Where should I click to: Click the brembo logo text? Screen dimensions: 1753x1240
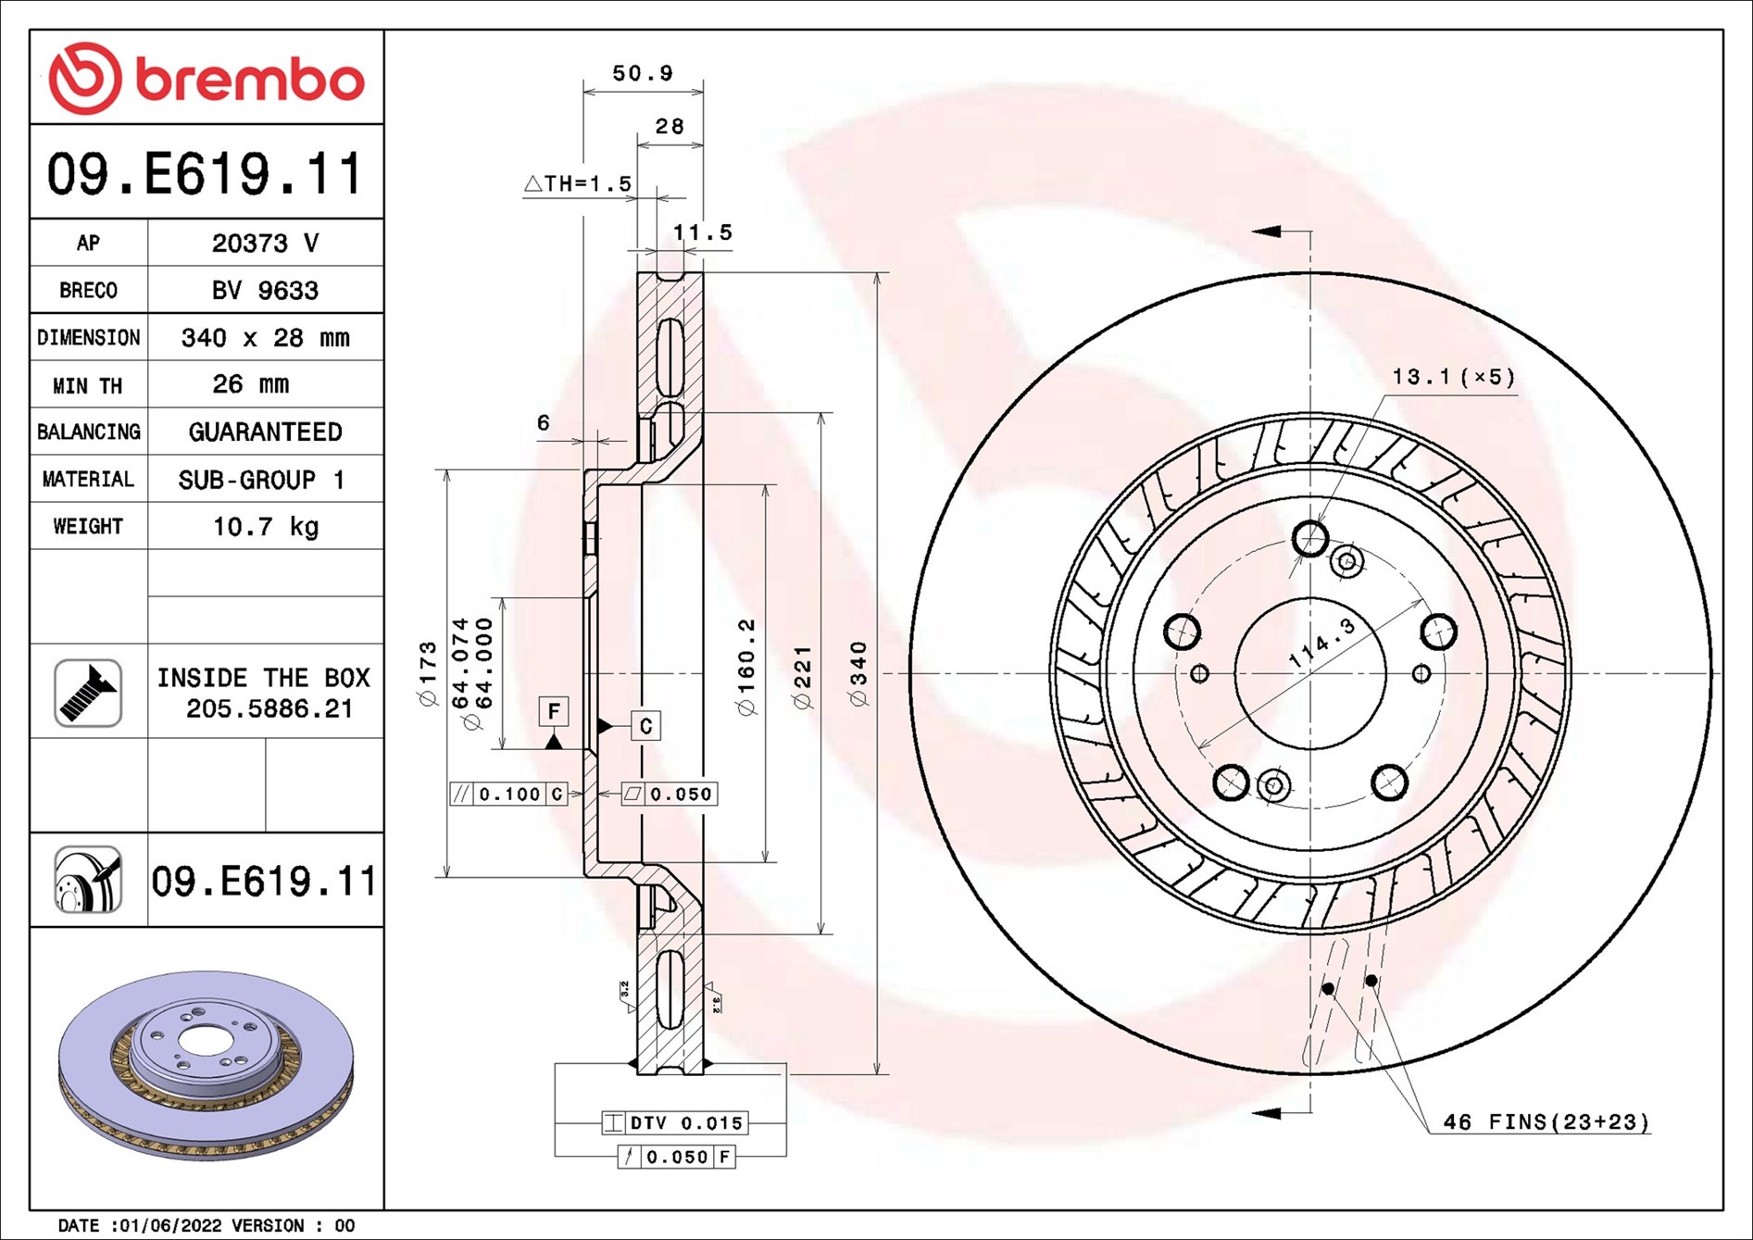pyautogui.click(x=250, y=80)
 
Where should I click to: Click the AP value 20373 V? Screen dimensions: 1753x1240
pyautogui.click(x=265, y=243)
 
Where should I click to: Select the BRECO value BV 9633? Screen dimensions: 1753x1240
pyautogui.click(x=265, y=291)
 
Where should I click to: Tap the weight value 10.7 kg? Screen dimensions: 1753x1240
pyautogui.click(x=266, y=527)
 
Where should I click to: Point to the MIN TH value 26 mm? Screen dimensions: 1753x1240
pyautogui.click(x=251, y=384)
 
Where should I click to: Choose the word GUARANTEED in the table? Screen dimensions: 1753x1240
pyautogui.click(x=265, y=432)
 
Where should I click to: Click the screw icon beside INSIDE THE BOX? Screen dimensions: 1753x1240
pyautogui.click(x=88, y=693)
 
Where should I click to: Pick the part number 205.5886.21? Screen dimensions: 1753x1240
pyautogui.click(x=269, y=709)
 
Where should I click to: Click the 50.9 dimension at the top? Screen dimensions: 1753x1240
pyautogui.click(x=643, y=73)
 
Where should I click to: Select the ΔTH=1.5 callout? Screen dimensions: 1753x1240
pyautogui.click(x=578, y=183)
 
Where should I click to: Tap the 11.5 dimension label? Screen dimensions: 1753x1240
pyautogui.click(x=702, y=232)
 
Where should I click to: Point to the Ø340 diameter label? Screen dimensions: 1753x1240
pyautogui.click(x=859, y=673)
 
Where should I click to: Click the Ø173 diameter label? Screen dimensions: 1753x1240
pyautogui.click(x=428, y=673)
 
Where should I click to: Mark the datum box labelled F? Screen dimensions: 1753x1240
pyautogui.click(x=554, y=711)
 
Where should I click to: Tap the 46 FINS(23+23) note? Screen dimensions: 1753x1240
pyautogui.click(x=1546, y=1122)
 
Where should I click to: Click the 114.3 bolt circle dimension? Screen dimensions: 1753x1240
pyautogui.click(x=1322, y=643)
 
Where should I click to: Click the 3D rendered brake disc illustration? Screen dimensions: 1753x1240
pyautogui.click(x=206, y=1065)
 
